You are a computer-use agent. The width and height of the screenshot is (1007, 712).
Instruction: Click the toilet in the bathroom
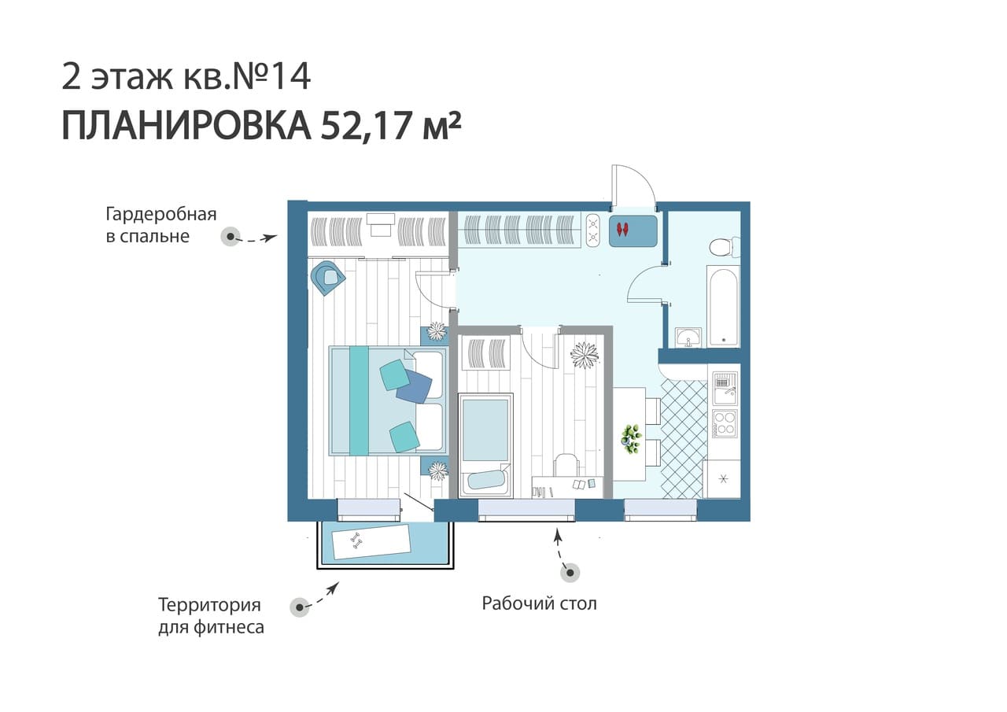(725, 247)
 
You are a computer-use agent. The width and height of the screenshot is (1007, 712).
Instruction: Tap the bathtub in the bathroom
(723, 306)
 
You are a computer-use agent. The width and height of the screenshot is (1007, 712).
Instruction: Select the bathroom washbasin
(688, 338)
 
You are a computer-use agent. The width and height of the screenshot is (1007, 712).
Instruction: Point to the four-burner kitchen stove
(725, 423)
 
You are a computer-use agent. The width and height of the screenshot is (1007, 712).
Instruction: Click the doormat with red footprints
(633, 231)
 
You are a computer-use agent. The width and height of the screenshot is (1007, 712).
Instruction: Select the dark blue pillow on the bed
(414, 386)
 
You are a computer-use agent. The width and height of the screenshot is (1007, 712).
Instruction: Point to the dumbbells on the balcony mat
(356, 540)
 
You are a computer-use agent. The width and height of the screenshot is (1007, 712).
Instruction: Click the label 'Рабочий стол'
(539, 603)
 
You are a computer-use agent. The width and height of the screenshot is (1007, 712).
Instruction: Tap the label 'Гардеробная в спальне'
(161, 225)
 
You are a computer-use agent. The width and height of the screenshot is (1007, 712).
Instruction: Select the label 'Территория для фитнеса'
(211, 616)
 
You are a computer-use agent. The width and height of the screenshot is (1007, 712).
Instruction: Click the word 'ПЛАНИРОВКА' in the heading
(186, 126)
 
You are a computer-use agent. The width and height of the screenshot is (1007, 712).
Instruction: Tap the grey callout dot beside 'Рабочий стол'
(570, 573)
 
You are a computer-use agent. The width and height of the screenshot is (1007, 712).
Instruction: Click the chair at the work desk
(566, 465)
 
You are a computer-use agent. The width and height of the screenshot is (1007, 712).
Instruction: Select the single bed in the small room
(485, 446)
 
